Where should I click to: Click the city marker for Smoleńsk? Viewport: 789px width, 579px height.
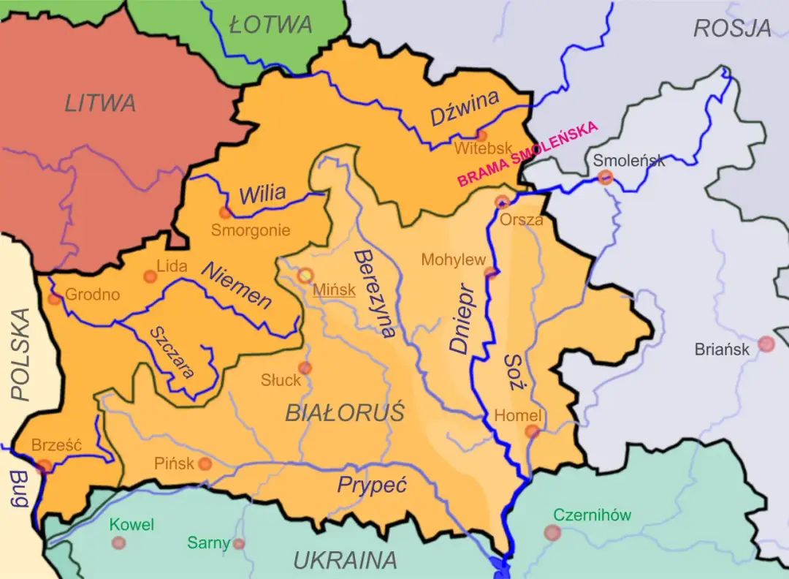tap(605, 177)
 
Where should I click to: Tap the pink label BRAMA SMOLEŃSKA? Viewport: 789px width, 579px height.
tap(527, 154)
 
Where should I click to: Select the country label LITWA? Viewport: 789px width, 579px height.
tap(100, 103)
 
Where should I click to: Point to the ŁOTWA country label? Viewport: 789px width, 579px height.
tap(270, 25)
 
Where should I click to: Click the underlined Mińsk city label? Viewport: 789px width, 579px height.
tap(334, 289)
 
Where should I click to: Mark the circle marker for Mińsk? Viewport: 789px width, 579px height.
tap(305, 276)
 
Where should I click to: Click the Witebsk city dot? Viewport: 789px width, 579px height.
tap(481, 135)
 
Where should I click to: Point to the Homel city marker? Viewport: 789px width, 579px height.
tap(533, 431)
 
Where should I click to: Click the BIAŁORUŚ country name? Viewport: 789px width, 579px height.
tap(344, 413)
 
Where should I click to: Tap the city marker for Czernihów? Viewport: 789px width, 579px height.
tap(552, 533)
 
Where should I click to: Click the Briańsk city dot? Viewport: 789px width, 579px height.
tap(766, 344)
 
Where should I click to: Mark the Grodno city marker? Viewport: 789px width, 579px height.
tap(54, 298)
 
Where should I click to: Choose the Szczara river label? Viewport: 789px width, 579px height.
tap(172, 352)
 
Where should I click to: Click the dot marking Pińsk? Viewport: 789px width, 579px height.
tap(205, 463)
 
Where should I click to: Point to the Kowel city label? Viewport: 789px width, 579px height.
tap(131, 525)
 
